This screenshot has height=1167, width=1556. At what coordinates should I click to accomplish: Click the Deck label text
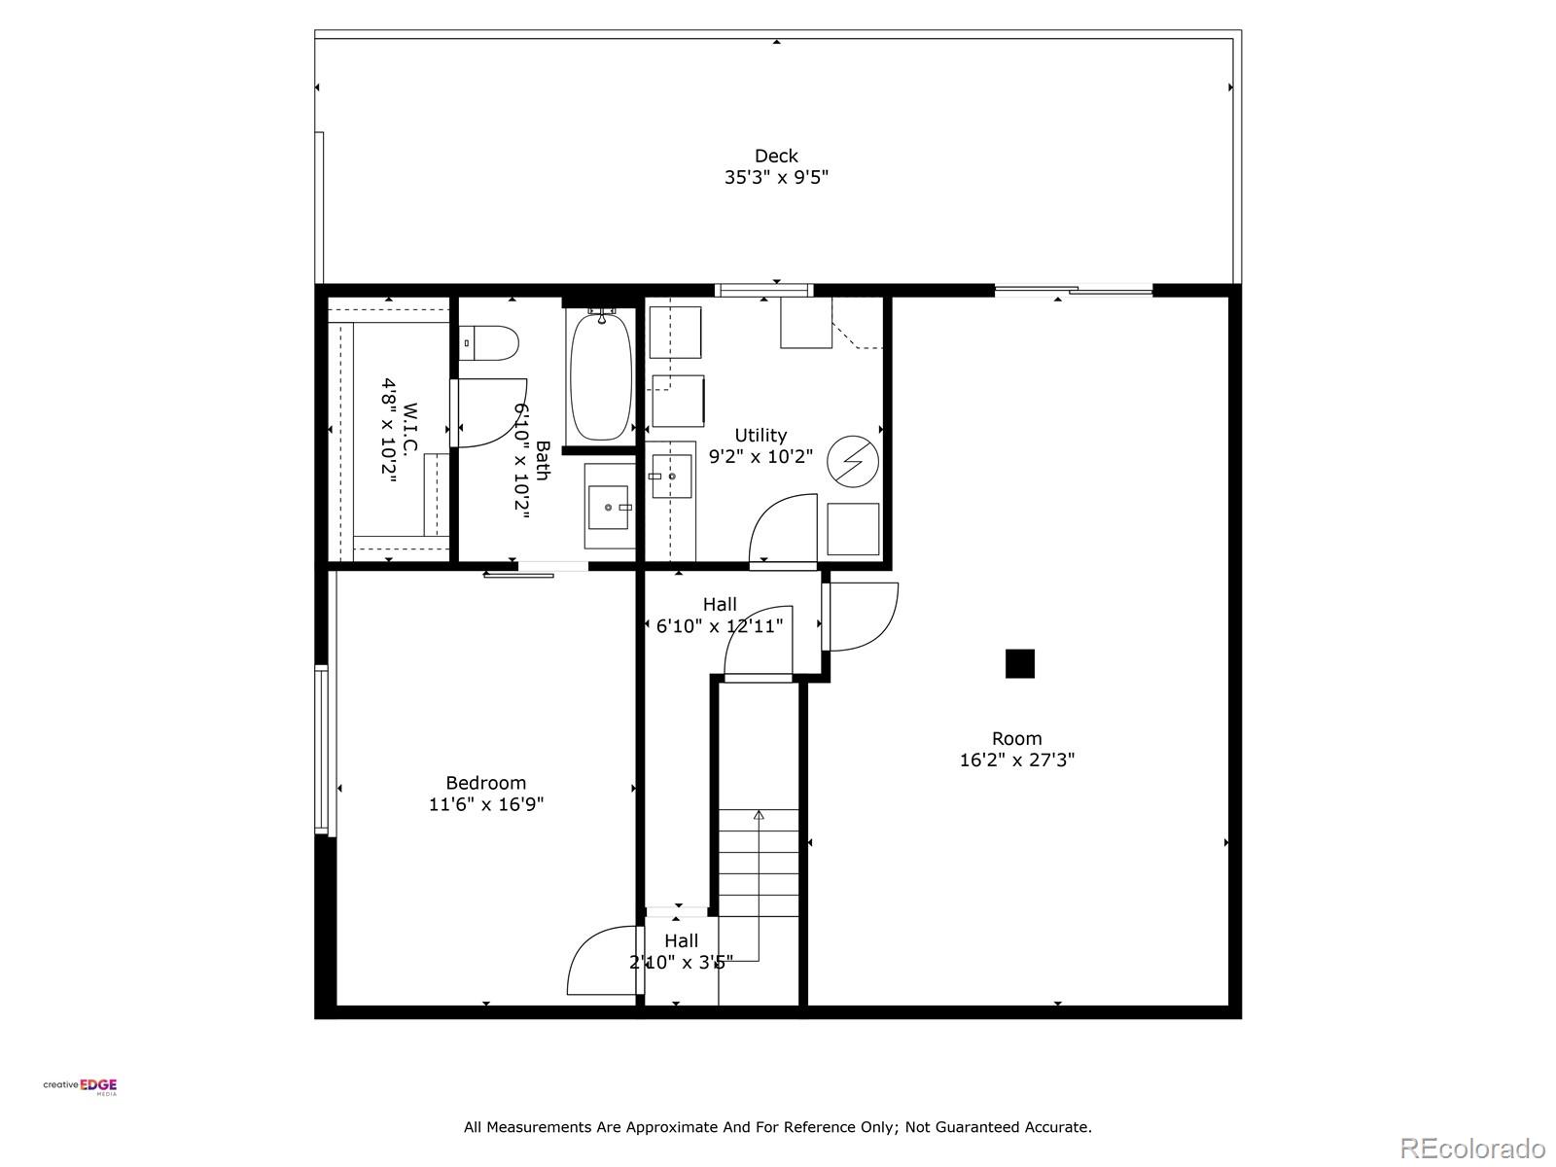coord(775,156)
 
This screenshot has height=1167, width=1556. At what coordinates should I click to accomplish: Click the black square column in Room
coord(1019,663)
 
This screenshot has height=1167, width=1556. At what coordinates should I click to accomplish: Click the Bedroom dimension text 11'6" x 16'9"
coord(485,804)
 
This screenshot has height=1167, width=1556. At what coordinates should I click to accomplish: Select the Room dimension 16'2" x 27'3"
coord(1016,760)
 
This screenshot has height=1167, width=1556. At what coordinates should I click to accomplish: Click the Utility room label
coord(760,435)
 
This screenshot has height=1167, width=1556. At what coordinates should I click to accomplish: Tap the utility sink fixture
coord(671,476)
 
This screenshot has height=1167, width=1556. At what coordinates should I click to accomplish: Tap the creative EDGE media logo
coord(81,1086)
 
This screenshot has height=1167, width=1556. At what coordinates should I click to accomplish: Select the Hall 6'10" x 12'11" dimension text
coord(719,625)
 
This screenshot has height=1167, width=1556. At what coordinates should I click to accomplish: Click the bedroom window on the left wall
coord(322,749)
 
